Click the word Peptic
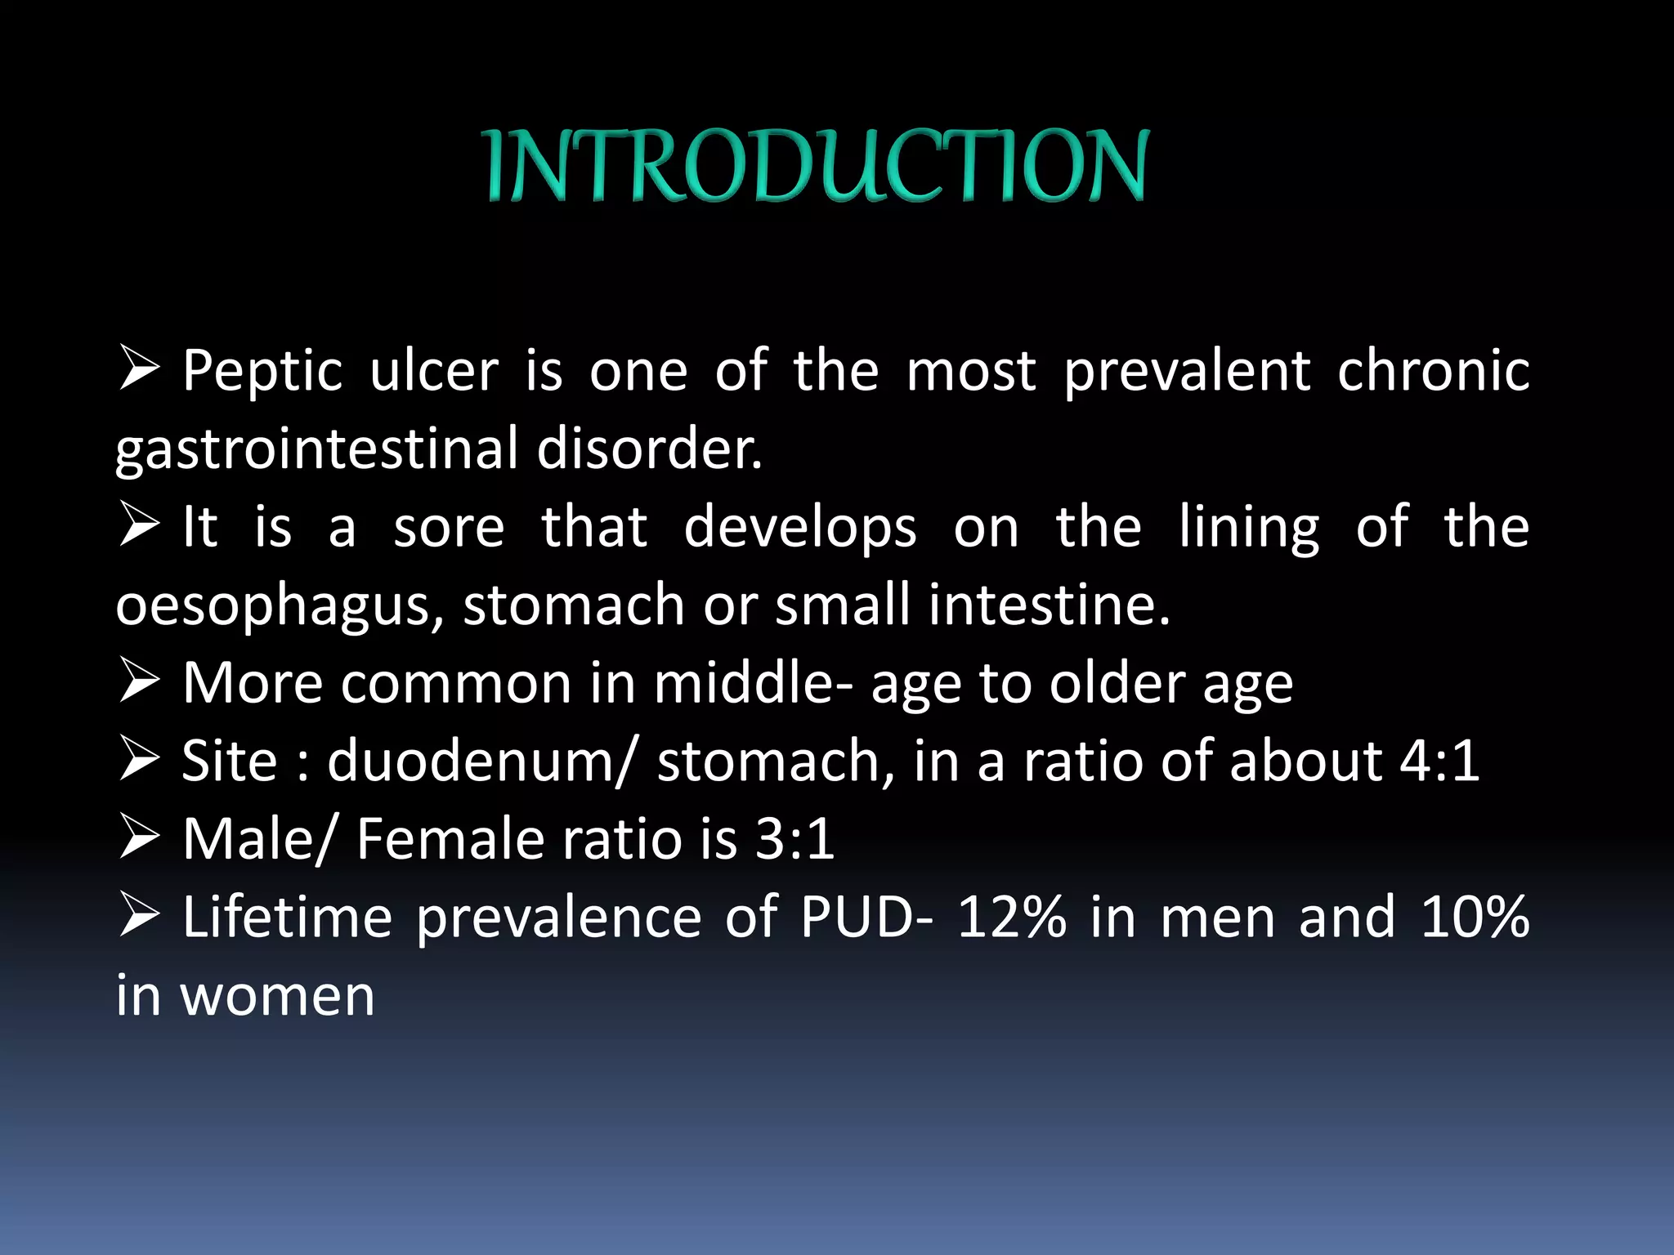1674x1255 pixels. coord(262,372)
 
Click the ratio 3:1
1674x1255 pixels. coord(794,839)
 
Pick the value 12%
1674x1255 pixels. coord(1012,917)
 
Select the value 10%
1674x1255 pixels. coord(1475,917)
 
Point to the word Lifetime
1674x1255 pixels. coord(287,917)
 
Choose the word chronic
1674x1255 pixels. coord(1433,372)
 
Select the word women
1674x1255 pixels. coord(277,996)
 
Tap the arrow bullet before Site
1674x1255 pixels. coord(139,758)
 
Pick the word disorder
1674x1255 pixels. coord(649,449)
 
